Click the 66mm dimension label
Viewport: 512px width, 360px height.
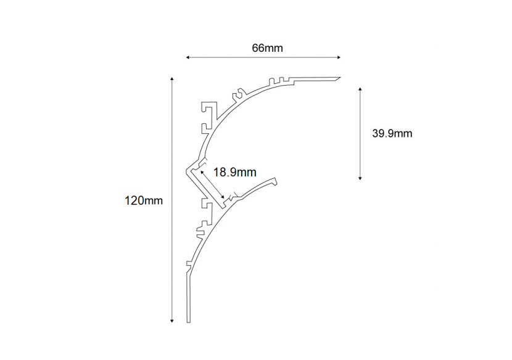pos(267,47)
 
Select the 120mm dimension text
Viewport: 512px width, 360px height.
pos(144,200)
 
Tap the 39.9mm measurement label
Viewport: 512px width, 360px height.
pos(392,133)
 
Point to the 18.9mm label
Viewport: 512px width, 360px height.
pos(234,173)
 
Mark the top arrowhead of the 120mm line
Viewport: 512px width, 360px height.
pos(172,79)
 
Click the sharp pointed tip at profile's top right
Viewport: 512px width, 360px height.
pos(340,78)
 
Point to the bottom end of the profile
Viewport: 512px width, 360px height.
pos(189,322)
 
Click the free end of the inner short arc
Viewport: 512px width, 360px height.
pos(276,180)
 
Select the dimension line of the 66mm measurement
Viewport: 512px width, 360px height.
pos(263,58)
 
